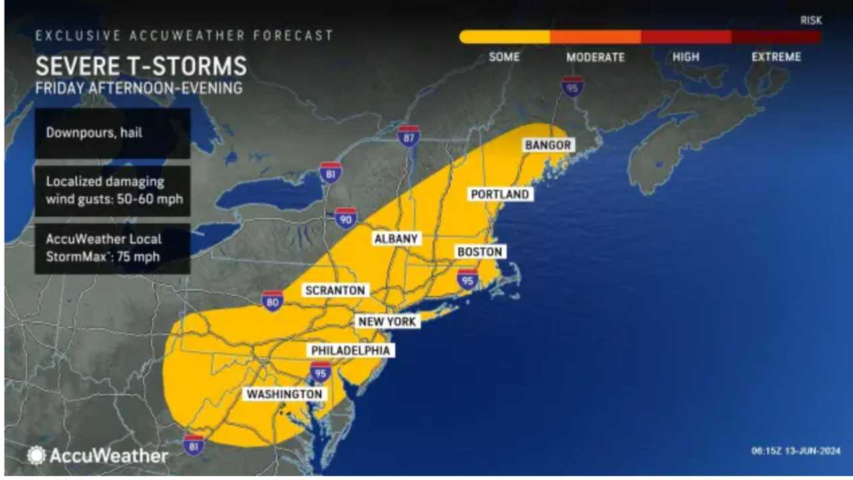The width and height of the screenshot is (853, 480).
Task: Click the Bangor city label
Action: click(548, 145)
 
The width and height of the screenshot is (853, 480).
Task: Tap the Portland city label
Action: click(500, 194)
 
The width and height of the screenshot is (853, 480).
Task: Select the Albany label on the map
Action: click(396, 238)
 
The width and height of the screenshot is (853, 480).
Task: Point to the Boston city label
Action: click(479, 252)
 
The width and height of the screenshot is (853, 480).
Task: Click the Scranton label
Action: click(335, 290)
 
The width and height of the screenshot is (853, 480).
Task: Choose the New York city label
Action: click(387, 321)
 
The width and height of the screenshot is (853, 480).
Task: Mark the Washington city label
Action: click(285, 394)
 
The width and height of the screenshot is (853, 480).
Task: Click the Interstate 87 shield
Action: click(409, 136)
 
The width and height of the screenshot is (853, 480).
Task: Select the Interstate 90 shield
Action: click(345, 218)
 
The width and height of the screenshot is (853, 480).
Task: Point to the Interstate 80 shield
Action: click(273, 301)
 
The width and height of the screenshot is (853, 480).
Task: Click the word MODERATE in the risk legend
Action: click(595, 57)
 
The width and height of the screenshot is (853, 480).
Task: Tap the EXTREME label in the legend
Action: click(776, 57)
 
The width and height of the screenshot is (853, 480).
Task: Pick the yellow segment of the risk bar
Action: click(504, 37)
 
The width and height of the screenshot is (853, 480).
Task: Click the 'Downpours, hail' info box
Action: click(112, 133)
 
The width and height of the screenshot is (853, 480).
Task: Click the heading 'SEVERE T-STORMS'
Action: click(141, 67)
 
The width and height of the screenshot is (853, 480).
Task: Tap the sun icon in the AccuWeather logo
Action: click(36, 455)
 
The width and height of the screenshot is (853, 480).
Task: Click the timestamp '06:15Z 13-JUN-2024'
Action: click(796, 451)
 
